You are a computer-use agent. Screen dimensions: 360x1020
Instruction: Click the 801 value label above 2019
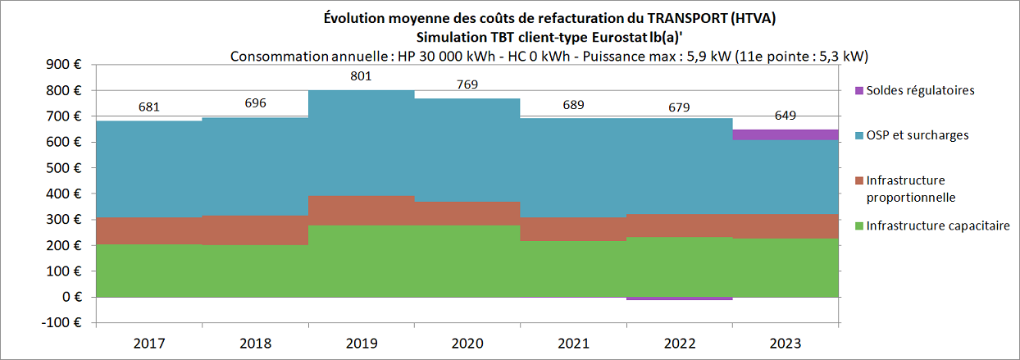[361, 76]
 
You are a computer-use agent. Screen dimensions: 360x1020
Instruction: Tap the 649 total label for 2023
[785, 116]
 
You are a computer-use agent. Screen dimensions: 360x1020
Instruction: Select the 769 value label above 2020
[467, 84]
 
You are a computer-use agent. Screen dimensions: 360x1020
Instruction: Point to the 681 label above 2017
[148, 107]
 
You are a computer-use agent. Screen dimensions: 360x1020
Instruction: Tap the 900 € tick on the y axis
[65, 65]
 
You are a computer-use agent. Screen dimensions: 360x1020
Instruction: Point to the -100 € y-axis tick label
[61, 323]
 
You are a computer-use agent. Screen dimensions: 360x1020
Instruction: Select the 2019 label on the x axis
[361, 343]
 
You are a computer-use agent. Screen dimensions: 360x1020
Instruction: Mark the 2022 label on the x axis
[679, 343]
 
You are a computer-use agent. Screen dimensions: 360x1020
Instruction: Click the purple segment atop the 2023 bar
[785, 134]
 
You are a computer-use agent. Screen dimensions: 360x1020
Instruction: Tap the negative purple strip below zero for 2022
[679, 298]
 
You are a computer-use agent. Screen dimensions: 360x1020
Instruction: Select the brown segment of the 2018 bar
[255, 230]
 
